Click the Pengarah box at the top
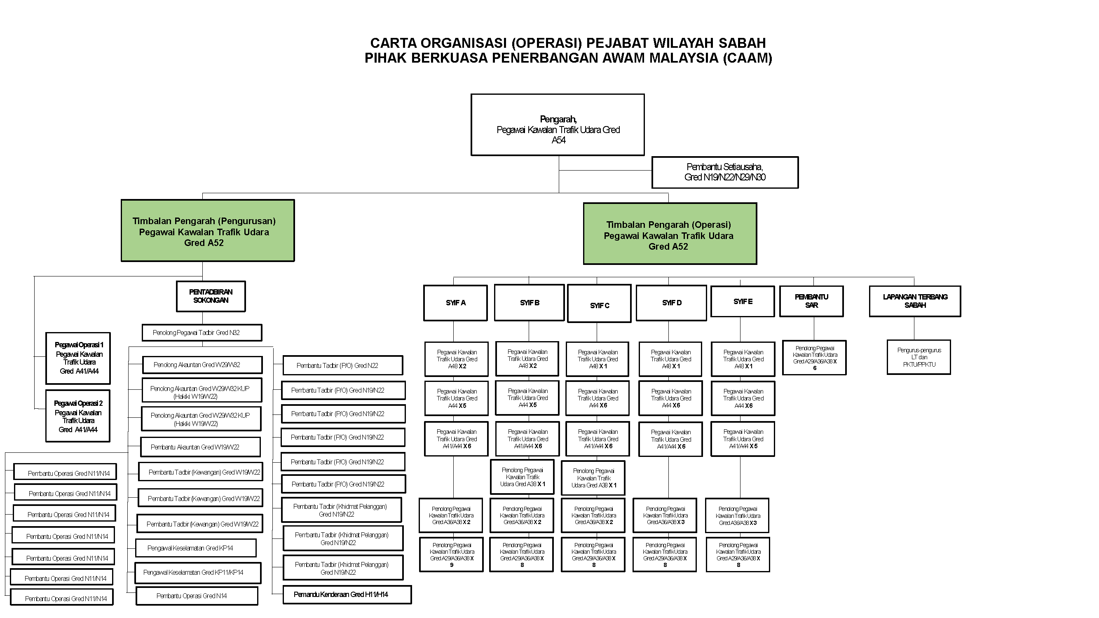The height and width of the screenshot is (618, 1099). coord(557,124)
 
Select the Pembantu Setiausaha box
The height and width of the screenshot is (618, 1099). coord(724,172)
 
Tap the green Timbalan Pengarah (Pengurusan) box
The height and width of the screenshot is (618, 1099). coord(207,231)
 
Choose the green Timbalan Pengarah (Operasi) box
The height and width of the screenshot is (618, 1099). coord(669,234)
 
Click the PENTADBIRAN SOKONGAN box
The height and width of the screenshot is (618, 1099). coord(211,296)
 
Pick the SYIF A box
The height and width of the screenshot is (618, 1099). coord(455,303)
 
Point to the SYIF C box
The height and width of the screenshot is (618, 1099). coord(599,304)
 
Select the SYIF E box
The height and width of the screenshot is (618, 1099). coord(742,302)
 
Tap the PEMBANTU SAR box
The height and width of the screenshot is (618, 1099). coord(811,301)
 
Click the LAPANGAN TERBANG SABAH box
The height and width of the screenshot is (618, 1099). coord(915,301)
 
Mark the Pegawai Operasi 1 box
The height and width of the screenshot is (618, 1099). coord(78,358)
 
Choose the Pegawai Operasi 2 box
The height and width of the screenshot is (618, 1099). coord(77,416)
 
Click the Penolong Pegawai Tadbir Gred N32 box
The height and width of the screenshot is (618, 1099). coord(202,332)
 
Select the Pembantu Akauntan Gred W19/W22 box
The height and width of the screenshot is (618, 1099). coord(200,447)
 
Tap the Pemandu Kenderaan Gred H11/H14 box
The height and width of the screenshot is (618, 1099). coord(347,595)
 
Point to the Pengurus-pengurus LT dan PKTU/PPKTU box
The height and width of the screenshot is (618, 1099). coord(919,357)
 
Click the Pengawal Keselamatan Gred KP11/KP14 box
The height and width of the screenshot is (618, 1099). coord(198,572)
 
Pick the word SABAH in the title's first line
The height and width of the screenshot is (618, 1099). coord(742,43)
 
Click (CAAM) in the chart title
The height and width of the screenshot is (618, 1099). coord(747,58)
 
